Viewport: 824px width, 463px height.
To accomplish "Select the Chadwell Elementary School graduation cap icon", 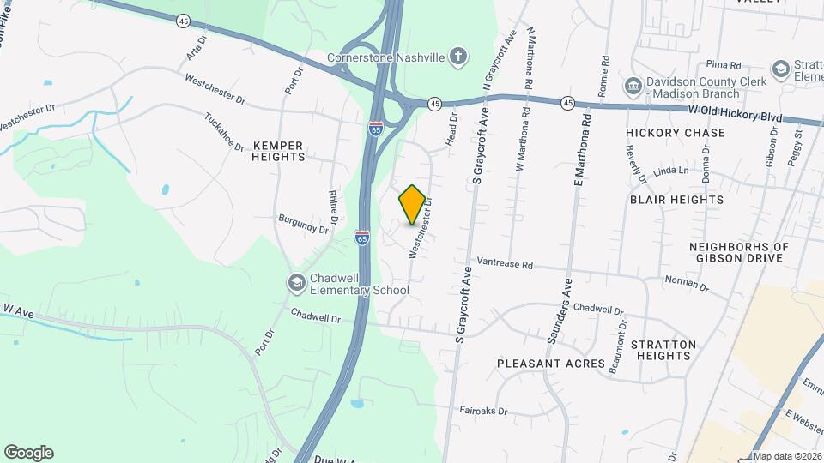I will [296, 282].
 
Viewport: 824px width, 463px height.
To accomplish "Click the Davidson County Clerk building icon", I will [633, 86].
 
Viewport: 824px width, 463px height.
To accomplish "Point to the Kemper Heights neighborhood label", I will [278, 151].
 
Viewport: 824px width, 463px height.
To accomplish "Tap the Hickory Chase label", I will [675, 133].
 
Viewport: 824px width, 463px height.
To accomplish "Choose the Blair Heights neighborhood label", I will [676, 199].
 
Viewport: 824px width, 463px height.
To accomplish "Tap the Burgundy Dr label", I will [304, 225].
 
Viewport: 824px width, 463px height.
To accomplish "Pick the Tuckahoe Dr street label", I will [225, 131].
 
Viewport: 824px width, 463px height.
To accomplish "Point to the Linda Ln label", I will [671, 171].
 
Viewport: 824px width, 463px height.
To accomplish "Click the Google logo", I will [28, 453].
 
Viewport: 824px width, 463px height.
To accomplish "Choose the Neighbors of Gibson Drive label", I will [737, 252].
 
